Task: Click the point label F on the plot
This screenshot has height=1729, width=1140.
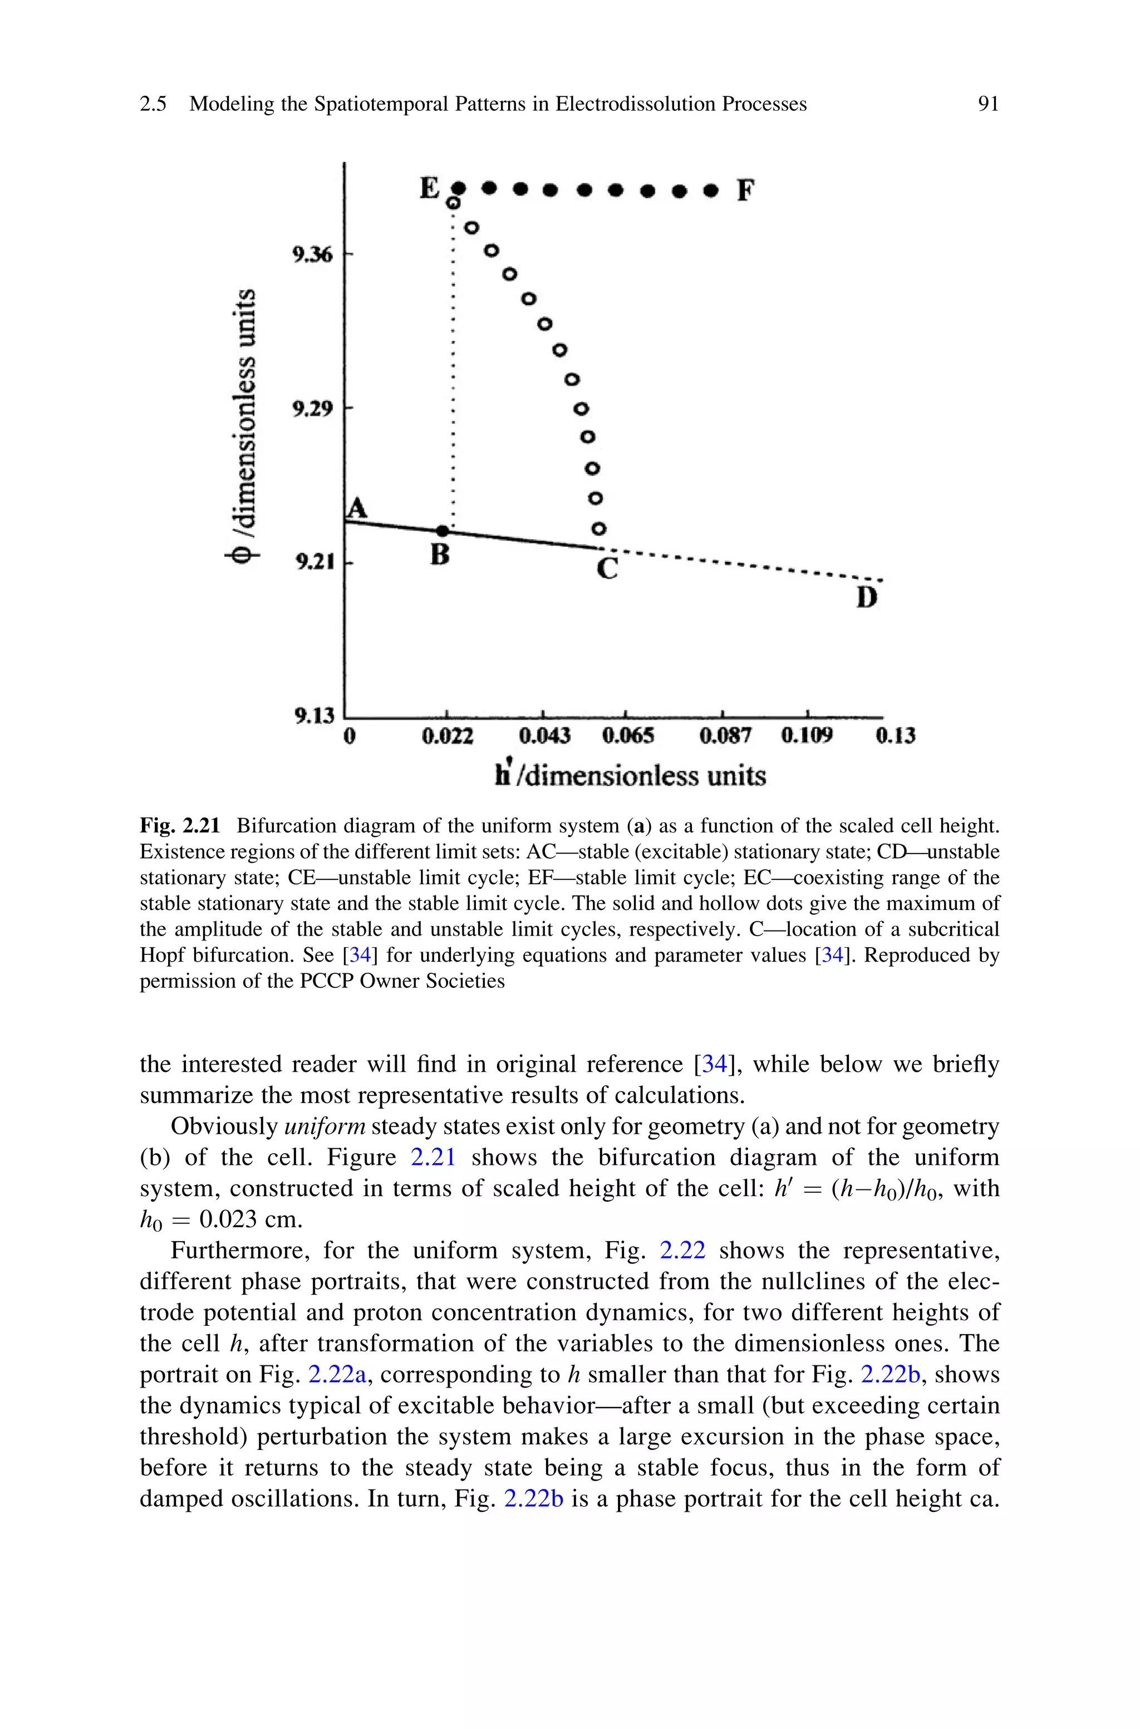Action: (x=746, y=191)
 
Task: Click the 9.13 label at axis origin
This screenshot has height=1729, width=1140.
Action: (x=314, y=716)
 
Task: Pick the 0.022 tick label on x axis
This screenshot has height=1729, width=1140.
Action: (x=448, y=737)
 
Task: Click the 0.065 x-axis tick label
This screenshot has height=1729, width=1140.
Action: (x=628, y=737)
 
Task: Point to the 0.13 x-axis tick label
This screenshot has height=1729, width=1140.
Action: (x=895, y=737)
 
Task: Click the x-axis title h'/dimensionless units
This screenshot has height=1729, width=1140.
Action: (x=630, y=776)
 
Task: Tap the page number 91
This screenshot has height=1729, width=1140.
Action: (x=988, y=104)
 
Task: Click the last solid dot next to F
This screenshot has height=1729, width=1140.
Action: (x=712, y=191)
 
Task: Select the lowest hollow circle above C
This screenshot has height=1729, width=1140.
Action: (x=598, y=528)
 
